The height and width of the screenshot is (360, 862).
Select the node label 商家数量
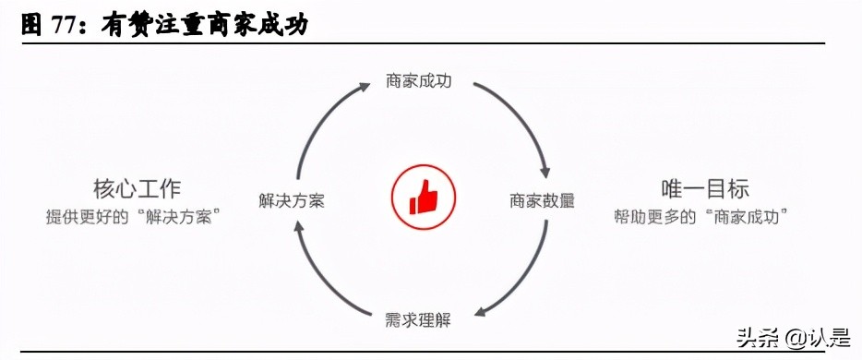click(x=543, y=200)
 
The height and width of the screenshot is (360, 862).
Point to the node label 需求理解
click(x=418, y=322)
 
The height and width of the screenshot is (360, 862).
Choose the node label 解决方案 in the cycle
click(x=292, y=200)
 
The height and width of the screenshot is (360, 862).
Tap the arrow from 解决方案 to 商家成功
click(x=318, y=120)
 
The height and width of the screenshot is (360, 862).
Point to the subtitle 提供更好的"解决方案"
click(x=137, y=217)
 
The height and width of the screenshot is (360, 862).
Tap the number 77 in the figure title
click(x=61, y=26)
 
